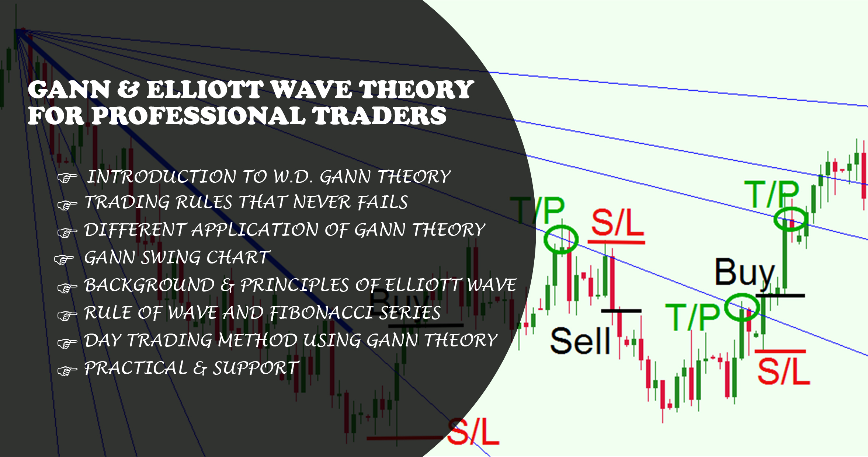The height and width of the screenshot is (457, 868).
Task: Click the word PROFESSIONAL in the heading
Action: click(198, 115)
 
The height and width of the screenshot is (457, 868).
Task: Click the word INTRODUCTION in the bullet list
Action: click(162, 177)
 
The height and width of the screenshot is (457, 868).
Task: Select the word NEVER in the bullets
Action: click(322, 202)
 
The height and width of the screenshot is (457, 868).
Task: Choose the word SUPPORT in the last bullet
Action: click(256, 368)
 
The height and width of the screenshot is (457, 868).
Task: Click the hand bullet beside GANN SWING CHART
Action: click(64, 259)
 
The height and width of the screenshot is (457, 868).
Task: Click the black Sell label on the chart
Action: click(580, 341)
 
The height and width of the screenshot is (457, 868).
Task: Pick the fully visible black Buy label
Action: click(745, 273)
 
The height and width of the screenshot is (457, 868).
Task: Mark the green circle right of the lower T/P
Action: click(742, 307)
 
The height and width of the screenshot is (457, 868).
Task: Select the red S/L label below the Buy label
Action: click(784, 371)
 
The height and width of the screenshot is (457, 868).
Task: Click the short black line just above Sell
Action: click(621, 311)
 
